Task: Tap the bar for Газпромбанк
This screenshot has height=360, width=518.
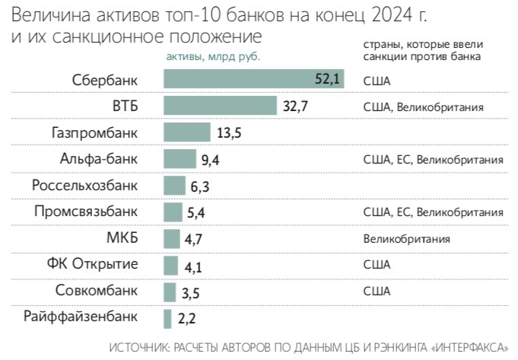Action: tap(187, 132)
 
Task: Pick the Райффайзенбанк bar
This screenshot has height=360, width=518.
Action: tap(168, 317)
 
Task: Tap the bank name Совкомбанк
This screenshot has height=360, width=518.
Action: tap(97, 291)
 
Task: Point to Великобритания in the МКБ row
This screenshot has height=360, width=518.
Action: tap(407, 239)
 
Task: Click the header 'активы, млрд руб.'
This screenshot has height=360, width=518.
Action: tap(213, 56)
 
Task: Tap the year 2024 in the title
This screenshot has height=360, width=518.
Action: tap(399, 15)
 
